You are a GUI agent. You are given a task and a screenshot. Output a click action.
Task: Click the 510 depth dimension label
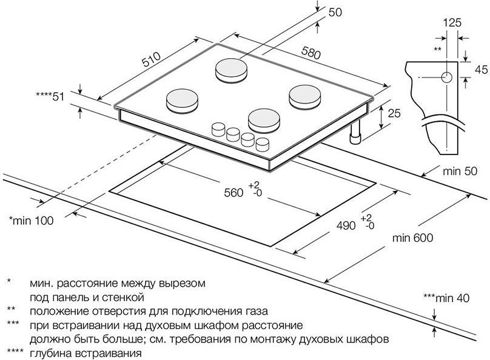pyautogui.click(x=150, y=59)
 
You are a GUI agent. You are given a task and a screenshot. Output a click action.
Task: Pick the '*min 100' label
pyautogui.click(x=32, y=220)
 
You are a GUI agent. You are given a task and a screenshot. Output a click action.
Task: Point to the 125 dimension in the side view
pyautogui.click(x=452, y=23)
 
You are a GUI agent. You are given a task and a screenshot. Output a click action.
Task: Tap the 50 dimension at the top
pyautogui.click(x=335, y=12)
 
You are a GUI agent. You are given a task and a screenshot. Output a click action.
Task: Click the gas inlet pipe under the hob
pyautogui.click(x=354, y=136)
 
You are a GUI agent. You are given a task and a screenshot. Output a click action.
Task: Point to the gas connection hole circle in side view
pyautogui.click(x=446, y=78)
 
